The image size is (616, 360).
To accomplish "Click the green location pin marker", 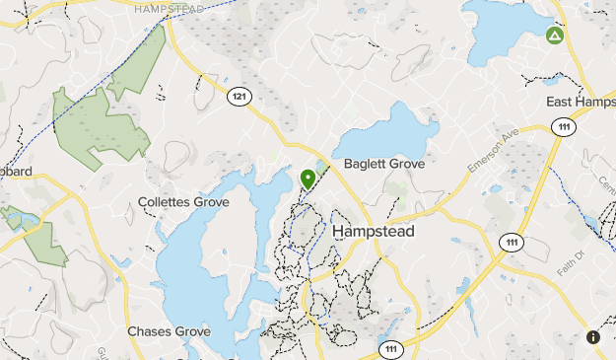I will tap(308, 179).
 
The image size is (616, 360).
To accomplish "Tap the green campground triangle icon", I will tap(554, 36).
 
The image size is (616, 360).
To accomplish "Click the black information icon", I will tap(593, 337).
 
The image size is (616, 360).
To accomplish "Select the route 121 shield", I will tap(239, 96).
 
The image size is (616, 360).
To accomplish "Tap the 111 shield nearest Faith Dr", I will tap(510, 242).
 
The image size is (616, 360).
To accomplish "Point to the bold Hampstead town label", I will tap(374, 231).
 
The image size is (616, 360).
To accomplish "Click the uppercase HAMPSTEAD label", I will tap(170, 8).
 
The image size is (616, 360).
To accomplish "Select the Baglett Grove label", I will tap(384, 164).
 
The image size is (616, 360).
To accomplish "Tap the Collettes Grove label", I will tap(183, 202).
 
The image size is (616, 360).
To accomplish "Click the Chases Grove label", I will tap(169, 331).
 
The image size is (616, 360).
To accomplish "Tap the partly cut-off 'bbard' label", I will tap(16, 172).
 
